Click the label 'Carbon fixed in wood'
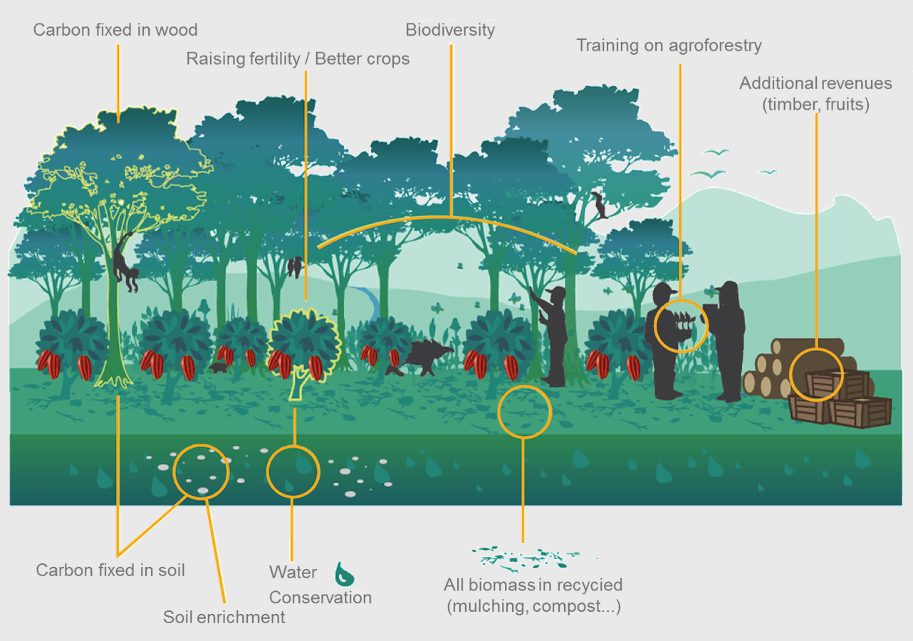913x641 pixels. tap(115, 30)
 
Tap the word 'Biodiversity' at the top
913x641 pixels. tap(450, 30)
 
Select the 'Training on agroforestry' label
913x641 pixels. tap(669, 46)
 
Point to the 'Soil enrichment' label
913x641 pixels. tap(224, 617)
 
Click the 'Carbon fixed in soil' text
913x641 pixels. tap(110, 570)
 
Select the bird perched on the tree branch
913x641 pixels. tap(600, 205)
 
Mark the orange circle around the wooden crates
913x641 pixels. tap(817, 374)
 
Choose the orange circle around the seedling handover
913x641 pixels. tap(681, 325)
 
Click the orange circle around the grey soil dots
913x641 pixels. tap(202, 471)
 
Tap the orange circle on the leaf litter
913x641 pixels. tap(524, 412)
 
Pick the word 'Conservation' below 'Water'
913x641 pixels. tap(320, 598)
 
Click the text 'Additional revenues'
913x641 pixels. tap(815, 83)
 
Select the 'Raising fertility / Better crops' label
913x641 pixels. tap(298, 58)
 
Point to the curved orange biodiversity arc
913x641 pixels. tap(449, 218)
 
